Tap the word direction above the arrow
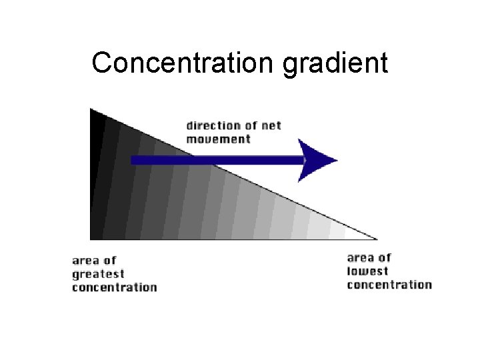click(212, 126)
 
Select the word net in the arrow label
click(271, 126)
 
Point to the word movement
click(218, 139)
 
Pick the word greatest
click(98, 275)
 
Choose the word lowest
click(367, 271)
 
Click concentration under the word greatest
click(114, 287)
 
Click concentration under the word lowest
click(389, 285)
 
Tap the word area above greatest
click(85, 261)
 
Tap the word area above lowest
click(360, 258)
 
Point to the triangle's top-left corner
click(91, 109)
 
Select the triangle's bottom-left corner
click(91, 238)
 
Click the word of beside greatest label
click(110, 261)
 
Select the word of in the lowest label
click(385, 258)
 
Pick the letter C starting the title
click(101, 63)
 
